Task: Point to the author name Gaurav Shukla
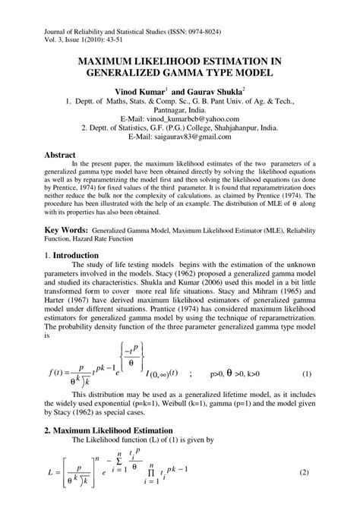[x=219, y=90]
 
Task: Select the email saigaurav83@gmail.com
[x=199, y=139]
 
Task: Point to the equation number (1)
[x=307, y=375]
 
